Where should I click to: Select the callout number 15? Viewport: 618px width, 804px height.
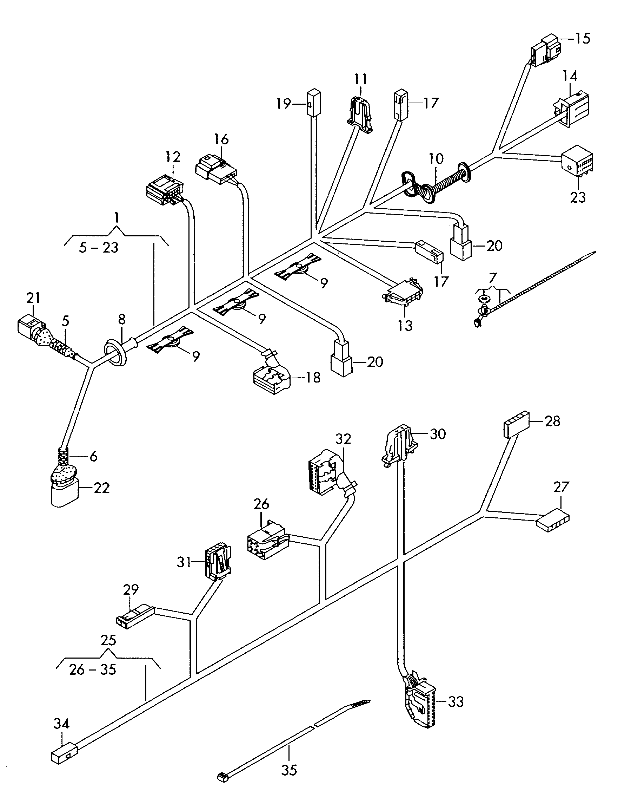point(583,38)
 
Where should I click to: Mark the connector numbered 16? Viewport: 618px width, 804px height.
point(215,170)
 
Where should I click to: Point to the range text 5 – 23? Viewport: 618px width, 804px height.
point(99,248)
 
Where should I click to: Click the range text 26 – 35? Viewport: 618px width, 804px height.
point(92,669)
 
